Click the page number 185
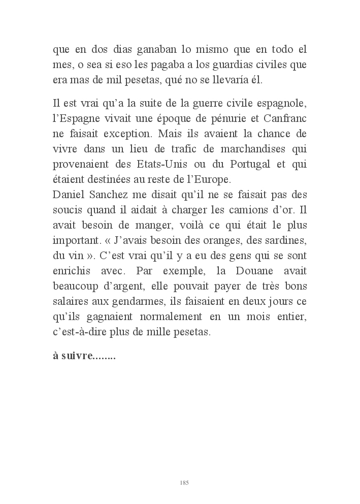[x=184, y=483]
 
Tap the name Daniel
[x=69, y=195]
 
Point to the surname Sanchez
[x=109, y=195]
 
